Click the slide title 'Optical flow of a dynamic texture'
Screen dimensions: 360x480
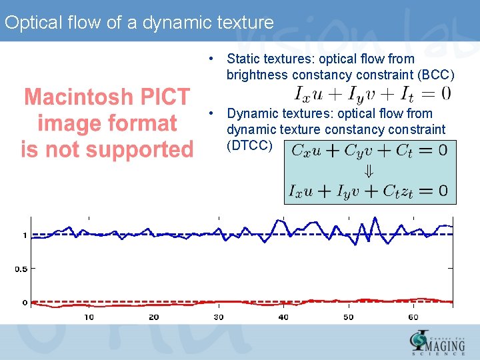139,23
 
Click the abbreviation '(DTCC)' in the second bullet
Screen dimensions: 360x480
249,145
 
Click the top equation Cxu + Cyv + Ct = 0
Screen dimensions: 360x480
369,151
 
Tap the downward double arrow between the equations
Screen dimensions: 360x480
369,171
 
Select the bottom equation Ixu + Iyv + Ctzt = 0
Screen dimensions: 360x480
369,191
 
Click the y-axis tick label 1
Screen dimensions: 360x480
24,235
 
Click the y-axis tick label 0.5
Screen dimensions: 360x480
21,269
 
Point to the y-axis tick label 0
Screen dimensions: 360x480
24,303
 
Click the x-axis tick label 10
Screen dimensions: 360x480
89,317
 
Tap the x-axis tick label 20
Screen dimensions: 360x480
153,317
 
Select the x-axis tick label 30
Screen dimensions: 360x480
219,317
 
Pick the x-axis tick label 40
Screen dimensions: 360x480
283,317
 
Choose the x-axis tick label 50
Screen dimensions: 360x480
348,317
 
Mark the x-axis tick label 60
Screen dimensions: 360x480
413,317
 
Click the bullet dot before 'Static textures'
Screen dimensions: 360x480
210,59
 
